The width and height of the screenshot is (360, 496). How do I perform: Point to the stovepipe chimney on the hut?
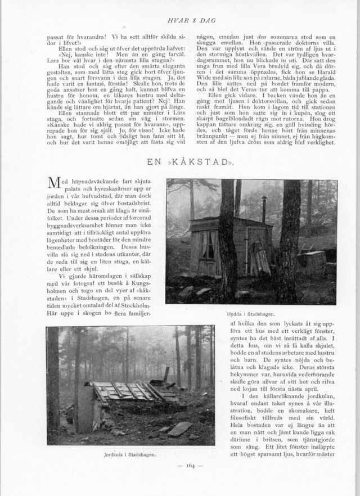[263, 209]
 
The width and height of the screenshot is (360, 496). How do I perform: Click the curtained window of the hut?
[207, 246]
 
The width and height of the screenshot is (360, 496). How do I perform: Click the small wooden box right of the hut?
[313, 261]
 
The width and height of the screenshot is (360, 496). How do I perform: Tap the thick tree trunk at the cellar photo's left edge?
[53, 382]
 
